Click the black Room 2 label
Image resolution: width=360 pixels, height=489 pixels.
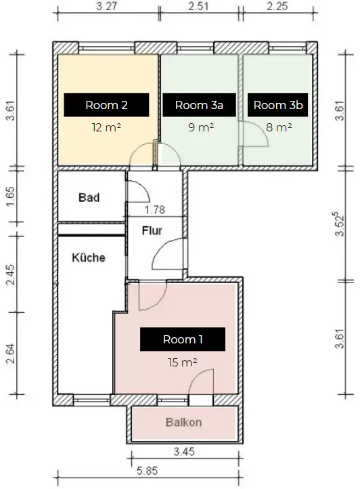point(106,105)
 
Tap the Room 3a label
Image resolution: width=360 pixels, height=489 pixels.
point(199,105)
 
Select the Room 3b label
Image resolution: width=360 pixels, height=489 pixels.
point(277,105)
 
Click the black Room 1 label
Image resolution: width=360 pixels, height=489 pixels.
point(183,339)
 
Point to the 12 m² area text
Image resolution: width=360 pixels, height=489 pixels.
point(106,127)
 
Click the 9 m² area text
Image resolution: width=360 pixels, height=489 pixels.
point(201,127)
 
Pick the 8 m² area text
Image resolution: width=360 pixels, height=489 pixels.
point(279,127)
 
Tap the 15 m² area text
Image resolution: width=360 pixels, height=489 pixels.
point(182,362)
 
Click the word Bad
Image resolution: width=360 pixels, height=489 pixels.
point(89,197)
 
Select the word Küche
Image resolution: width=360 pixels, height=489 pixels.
point(89,257)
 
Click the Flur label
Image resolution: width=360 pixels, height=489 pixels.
point(152,230)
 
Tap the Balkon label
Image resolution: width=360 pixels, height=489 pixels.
point(183,422)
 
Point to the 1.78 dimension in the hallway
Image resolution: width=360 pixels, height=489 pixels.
point(155,209)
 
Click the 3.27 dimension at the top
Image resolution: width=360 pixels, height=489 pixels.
point(106,6)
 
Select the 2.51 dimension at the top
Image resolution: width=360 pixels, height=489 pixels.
point(198,6)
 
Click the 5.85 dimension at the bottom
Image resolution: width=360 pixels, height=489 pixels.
point(148,471)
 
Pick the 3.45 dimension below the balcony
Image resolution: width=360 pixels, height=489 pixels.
point(184,451)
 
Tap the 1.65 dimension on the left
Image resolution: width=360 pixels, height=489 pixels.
point(10,196)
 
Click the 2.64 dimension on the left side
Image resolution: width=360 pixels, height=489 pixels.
point(10,354)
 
